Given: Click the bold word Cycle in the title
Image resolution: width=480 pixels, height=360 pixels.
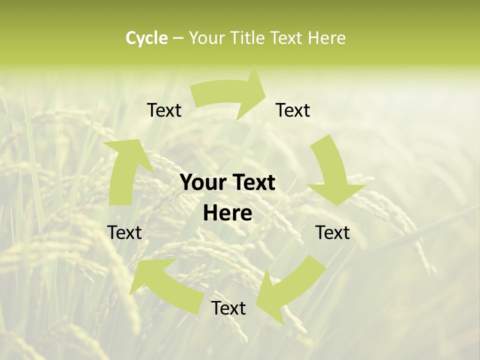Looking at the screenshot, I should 146,38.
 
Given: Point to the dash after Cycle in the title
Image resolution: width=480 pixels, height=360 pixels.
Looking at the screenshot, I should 178,38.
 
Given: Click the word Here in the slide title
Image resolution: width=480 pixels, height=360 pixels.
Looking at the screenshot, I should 326,38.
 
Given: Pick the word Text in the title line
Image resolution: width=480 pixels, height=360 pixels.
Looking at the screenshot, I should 288,38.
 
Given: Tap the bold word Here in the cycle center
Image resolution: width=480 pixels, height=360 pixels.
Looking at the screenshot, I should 227,213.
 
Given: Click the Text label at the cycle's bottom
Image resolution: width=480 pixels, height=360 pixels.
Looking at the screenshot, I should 228,308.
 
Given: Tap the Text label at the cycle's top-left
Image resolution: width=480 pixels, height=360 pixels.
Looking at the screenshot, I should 164,110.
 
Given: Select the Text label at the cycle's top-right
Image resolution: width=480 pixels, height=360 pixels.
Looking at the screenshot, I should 293,110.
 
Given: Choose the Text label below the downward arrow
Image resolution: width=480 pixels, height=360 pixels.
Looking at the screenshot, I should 332,232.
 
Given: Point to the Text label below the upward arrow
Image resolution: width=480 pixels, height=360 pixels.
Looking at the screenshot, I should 124,232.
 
